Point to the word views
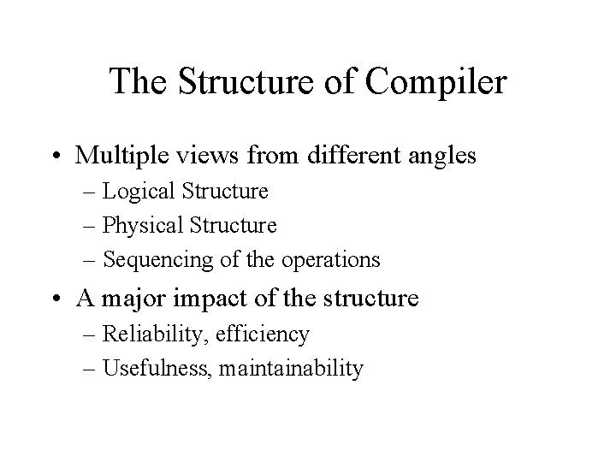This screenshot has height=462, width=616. point(212,156)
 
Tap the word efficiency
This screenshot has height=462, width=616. point(267,334)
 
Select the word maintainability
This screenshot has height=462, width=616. point(291,369)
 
